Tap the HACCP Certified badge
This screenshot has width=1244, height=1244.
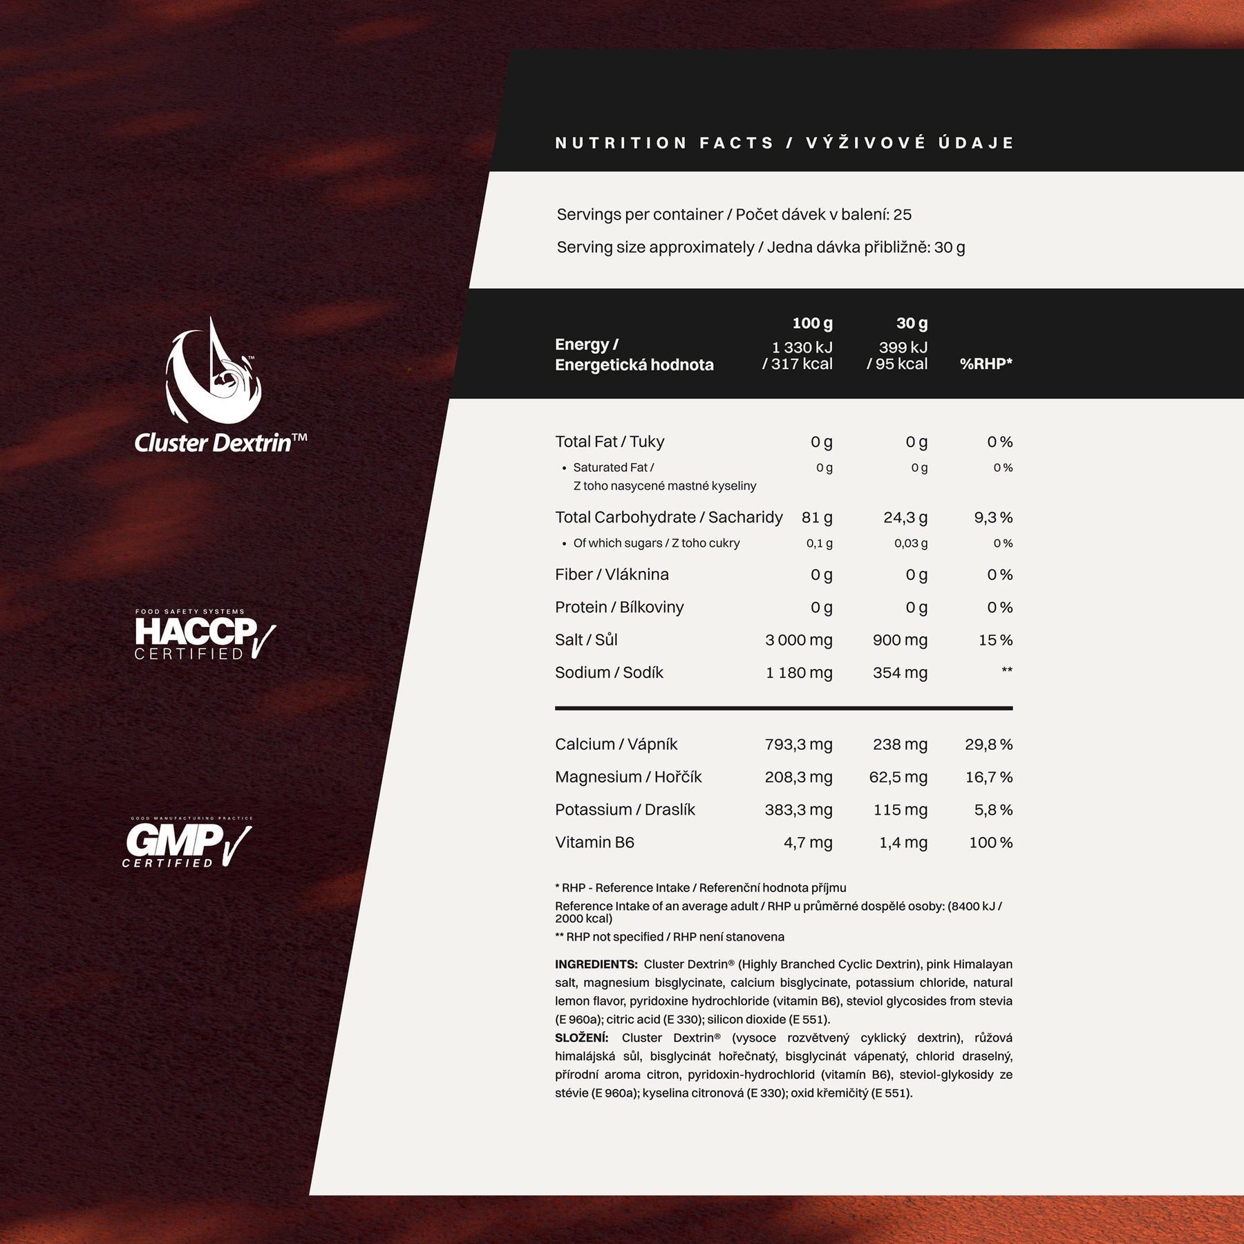coord(205,634)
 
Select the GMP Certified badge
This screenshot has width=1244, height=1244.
coord(187,842)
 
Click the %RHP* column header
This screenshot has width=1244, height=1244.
coord(986,364)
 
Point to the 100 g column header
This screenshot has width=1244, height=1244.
coord(812,323)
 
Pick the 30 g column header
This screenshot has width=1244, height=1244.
coord(912,323)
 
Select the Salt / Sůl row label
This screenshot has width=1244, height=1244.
coord(586,640)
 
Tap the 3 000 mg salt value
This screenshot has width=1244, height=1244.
coord(798,640)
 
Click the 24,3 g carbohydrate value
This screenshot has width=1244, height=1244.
coord(905,518)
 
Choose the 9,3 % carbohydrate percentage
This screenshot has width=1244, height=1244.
coord(993,518)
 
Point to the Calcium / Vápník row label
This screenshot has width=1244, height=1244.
coord(616,744)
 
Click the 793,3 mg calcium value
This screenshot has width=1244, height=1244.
coord(798,744)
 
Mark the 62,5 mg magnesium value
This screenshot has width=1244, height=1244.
coord(898,777)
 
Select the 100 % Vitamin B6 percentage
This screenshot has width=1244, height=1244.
coord(990,842)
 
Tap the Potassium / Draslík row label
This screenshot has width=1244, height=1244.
coord(625,810)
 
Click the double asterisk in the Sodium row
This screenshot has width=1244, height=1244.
coord(1007,670)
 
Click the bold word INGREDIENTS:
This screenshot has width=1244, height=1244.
coord(596,964)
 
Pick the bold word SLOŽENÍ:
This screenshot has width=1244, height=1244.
coord(581,1038)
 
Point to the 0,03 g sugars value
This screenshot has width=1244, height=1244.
coord(911,543)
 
